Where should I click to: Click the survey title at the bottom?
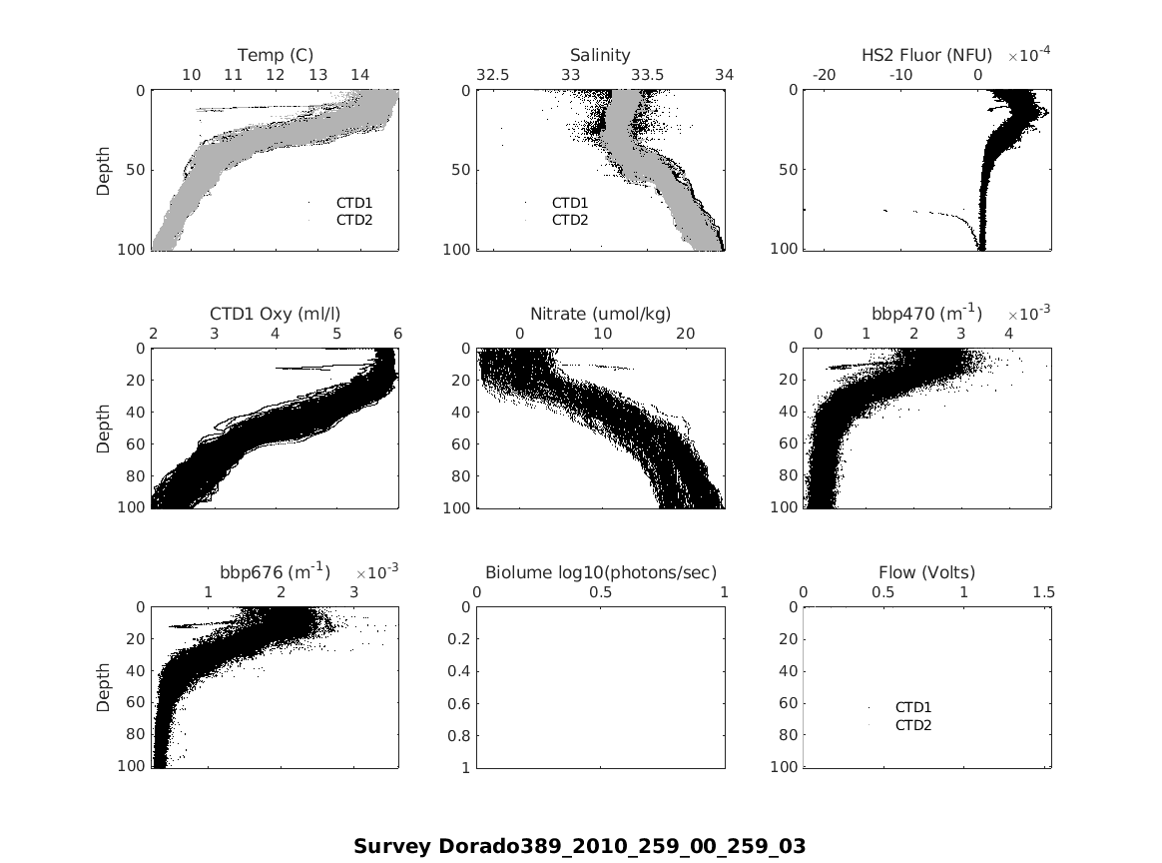[x=579, y=846]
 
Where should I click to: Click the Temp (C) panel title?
[x=276, y=55]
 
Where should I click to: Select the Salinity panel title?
[x=600, y=55]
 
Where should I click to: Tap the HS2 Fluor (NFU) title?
[x=926, y=55]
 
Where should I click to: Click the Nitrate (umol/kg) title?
[x=600, y=314]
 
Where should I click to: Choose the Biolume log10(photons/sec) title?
[x=601, y=572]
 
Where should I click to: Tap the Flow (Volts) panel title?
[x=926, y=572]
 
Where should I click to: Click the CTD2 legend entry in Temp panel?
[x=354, y=220]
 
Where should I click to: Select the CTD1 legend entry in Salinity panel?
[x=570, y=203]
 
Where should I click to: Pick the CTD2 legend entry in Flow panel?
[x=913, y=725]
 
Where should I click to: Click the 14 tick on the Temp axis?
[x=359, y=75]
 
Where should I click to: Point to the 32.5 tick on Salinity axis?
[x=493, y=75]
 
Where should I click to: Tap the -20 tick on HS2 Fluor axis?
[x=825, y=75]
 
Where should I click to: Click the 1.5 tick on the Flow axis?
[x=1043, y=592]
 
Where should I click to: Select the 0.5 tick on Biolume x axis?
[x=601, y=592]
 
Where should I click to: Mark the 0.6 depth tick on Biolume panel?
[x=459, y=704]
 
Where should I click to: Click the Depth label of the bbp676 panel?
[x=103, y=688]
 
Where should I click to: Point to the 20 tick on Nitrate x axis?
[x=686, y=334]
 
